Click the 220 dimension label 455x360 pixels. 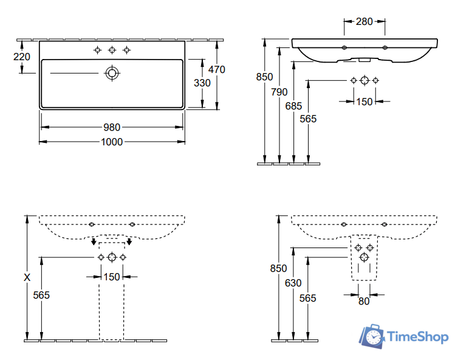pyautogui.click(x=21, y=57)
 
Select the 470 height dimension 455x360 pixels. pyautogui.click(x=216, y=69)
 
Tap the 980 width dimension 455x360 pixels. pyautogui.click(x=112, y=127)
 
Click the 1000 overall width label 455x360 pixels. pyautogui.click(x=112, y=142)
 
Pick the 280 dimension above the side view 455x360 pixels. pyautogui.click(x=364, y=22)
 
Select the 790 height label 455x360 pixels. pyautogui.click(x=279, y=92)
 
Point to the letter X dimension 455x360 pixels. pyautogui.click(x=26, y=277)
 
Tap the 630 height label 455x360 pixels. pyautogui.click(x=293, y=282)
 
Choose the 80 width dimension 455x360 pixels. pyautogui.click(x=363, y=300)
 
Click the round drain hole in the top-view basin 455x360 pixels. pyautogui.click(x=112, y=73)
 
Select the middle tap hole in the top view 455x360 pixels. pyautogui.click(x=112, y=50)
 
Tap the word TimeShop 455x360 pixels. pyautogui.click(x=418, y=336)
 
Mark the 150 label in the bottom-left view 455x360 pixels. pyautogui.click(x=112, y=277)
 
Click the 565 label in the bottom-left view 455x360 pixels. pyautogui.click(x=41, y=295)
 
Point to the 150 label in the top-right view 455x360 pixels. pyautogui.click(x=364, y=102)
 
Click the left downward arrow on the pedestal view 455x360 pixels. pyautogui.click(x=93, y=243)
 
